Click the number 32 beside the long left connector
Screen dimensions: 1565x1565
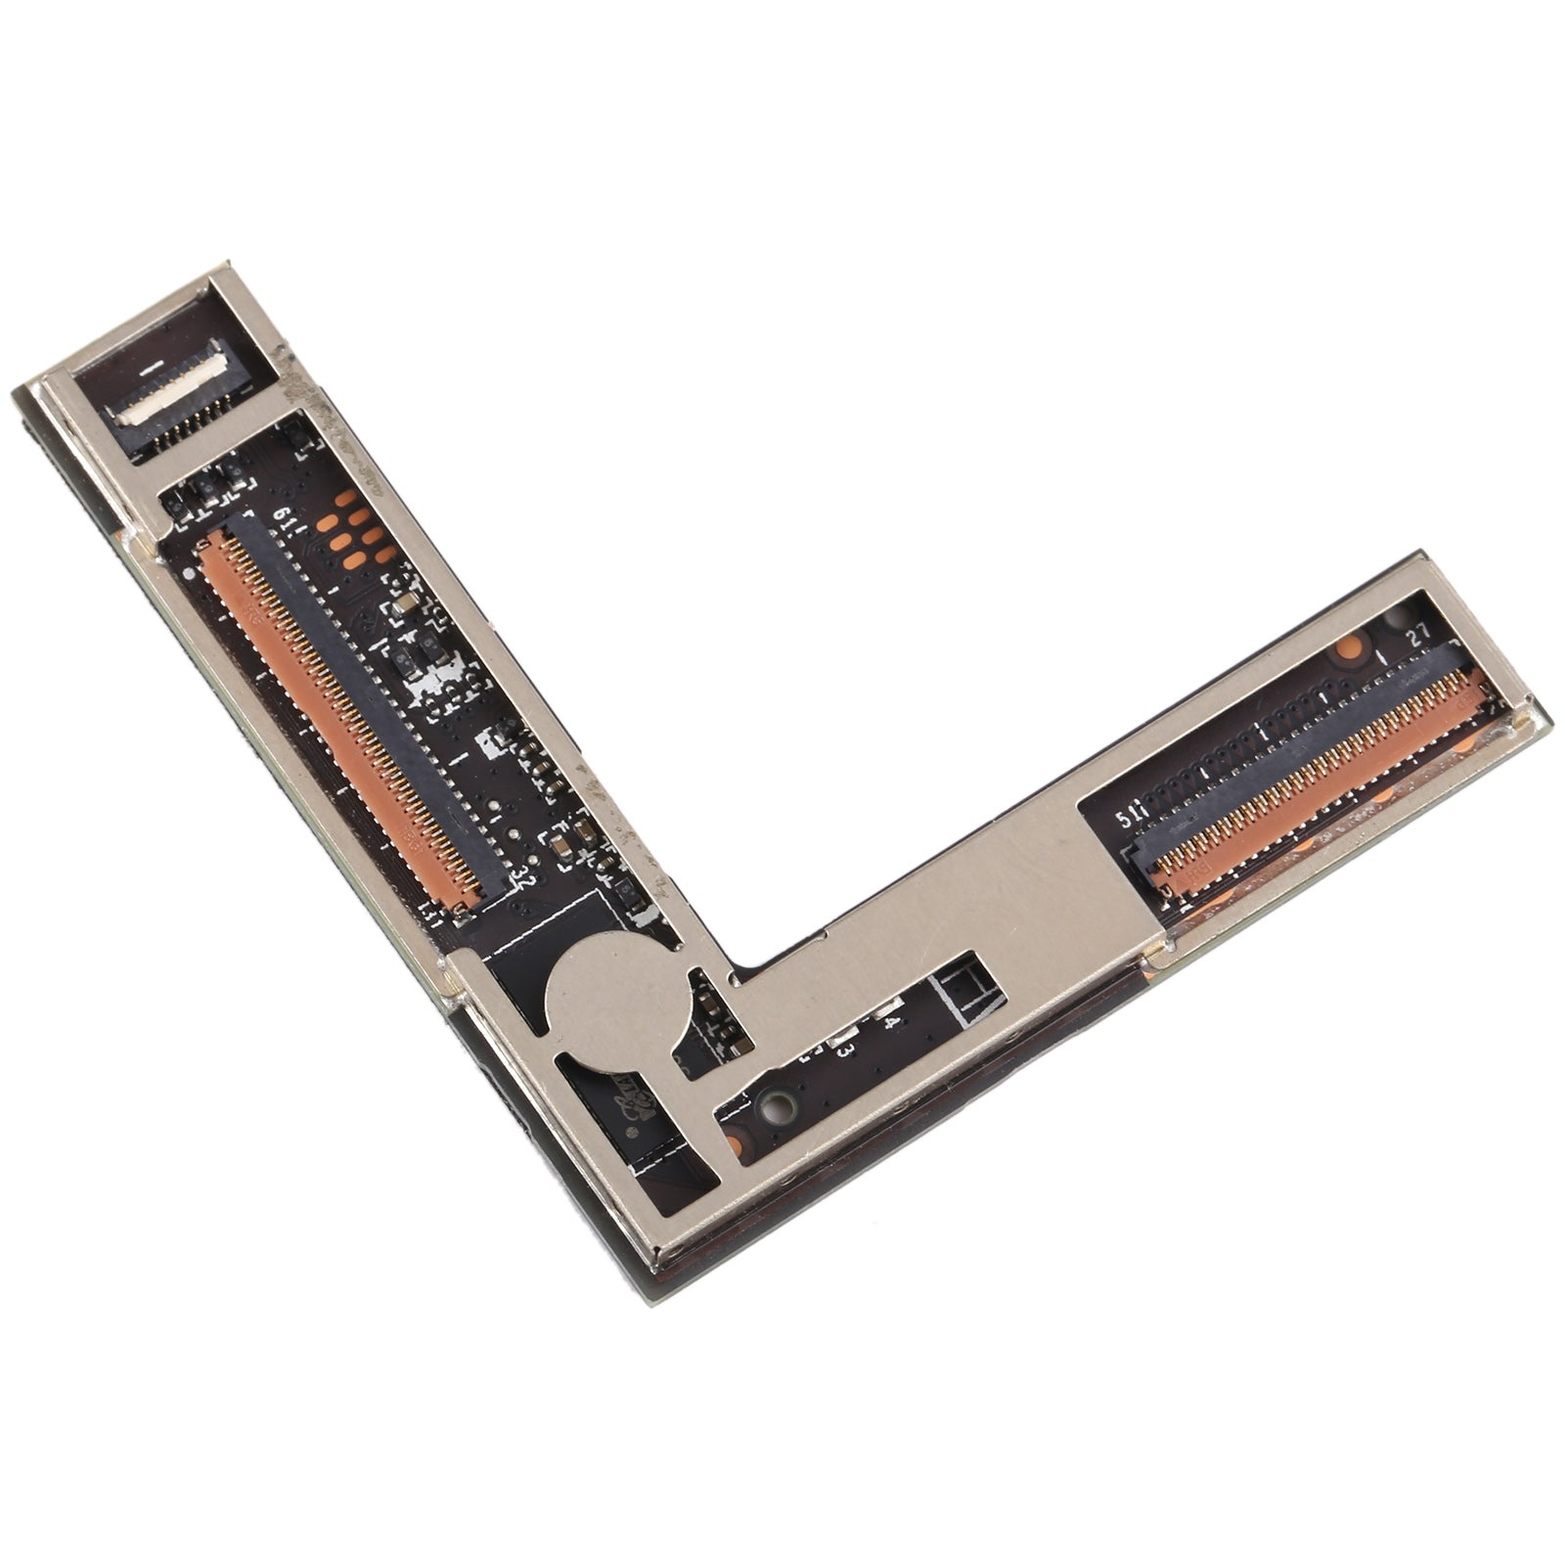point(521,873)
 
